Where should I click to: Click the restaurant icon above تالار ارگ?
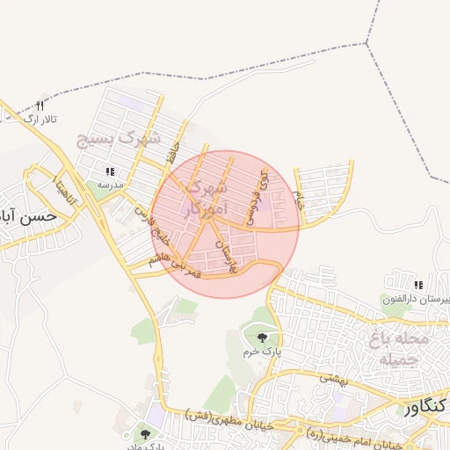(x=40, y=106)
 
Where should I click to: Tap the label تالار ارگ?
(x=39, y=119)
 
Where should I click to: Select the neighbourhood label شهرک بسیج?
(x=120, y=139)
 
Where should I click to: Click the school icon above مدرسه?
(x=109, y=172)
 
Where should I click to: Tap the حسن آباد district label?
(x=29, y=215)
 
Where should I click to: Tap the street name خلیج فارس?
(x=152, y=225)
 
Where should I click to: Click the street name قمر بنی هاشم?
(x=172, y=268)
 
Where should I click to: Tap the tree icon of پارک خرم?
(x=260, y=337)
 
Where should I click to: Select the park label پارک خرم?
(x=260, y=352)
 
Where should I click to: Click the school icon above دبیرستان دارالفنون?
(x=418, y=285)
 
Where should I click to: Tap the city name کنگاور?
(x=425, y=410)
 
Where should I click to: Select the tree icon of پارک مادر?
(x=145, y=433)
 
